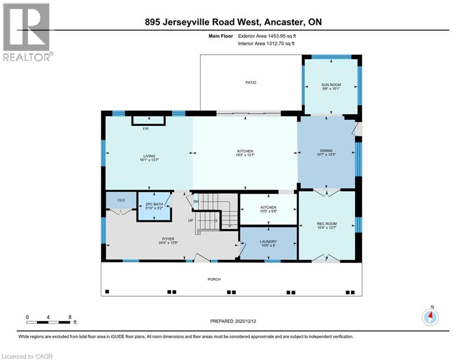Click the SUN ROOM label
point(331,85)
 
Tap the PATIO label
point(251,82)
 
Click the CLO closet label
point(121,200)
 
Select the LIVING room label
point(149,156)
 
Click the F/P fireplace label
point(146,129)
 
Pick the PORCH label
point(215,279)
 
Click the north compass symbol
point(430,317)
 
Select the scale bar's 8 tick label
point(70,317)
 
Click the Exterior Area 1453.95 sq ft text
point(266,36)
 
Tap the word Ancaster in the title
point(288,22)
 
